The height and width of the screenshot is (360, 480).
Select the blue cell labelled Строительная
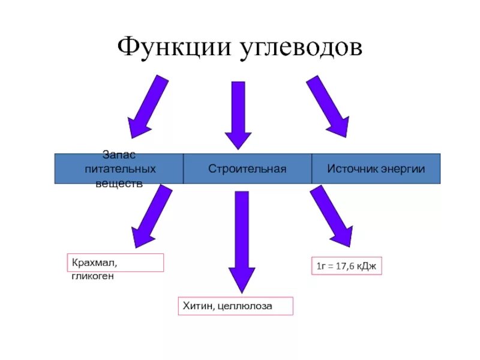click(247, 169)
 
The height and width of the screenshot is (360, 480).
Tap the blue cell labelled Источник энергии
click(376, 169)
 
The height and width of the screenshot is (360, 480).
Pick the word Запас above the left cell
click(119, 155)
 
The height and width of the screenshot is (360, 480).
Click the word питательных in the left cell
click(119, 169)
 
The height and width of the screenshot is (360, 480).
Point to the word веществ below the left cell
click(119, 183)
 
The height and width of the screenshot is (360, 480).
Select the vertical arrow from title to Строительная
click(239, 114)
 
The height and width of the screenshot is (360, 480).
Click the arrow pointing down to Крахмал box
click(150, 216)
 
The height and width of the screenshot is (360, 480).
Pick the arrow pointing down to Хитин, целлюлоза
click(242, 240)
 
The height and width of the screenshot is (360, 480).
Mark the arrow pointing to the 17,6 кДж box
click(332, 216)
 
